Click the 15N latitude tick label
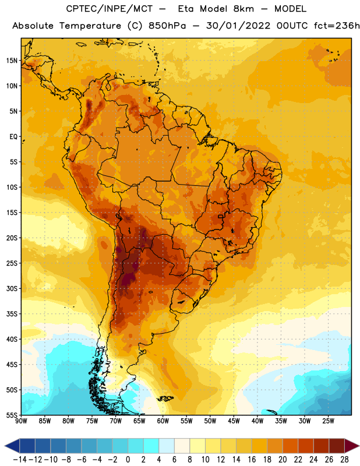pos(12,61)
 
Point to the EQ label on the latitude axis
pos(13,137)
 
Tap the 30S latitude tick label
pos(12,288)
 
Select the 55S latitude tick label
pos(12,415)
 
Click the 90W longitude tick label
pos(21,421)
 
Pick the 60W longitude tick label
pos(163,421)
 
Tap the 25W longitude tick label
pos(328,421)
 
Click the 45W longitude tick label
pos(234,421)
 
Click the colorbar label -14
pos(20,460)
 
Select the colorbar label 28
pos(344,460)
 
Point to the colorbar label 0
pos(128,460)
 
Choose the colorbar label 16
pos(252,460)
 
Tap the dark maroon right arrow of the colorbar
pos(352,446)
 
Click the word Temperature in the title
pos(90,26)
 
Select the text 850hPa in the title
pos(167,26)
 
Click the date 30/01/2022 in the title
pos(238,26)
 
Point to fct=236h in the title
pos(337,26)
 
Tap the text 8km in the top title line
pos(243,9)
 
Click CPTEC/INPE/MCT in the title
pos(110,9)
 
